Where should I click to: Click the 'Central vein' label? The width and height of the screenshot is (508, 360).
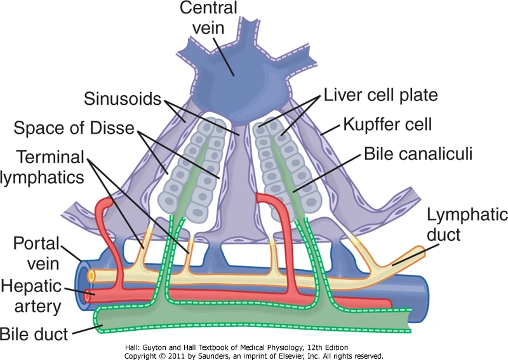pos(208,18)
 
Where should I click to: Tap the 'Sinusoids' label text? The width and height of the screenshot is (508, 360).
pos(123,98)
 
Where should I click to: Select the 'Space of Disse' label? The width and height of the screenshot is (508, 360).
pos(74,128)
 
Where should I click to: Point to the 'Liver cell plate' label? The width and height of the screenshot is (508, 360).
pos(380,95)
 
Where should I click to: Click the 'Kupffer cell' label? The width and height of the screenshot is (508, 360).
pos(387,124)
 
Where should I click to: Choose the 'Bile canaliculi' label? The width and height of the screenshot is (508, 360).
pos(418,153)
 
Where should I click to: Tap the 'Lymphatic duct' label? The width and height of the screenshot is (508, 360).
pos(467,224)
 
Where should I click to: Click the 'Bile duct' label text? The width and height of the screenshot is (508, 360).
pos(34,334)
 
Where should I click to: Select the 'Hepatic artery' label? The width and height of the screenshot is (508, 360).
pos(31,296)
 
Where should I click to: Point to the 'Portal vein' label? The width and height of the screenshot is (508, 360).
pos(36,253)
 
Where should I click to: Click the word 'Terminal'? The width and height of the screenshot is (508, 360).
pos(50,157)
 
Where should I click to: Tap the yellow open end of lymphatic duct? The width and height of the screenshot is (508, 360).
pos(91,276)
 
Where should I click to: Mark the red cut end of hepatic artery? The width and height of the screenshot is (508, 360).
pos(88,296)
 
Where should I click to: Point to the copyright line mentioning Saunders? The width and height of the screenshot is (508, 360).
pos(253,356)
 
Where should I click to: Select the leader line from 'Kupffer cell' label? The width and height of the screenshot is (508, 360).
pos(331,129)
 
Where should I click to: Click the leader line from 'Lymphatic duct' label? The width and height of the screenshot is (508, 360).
pos(408,258)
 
